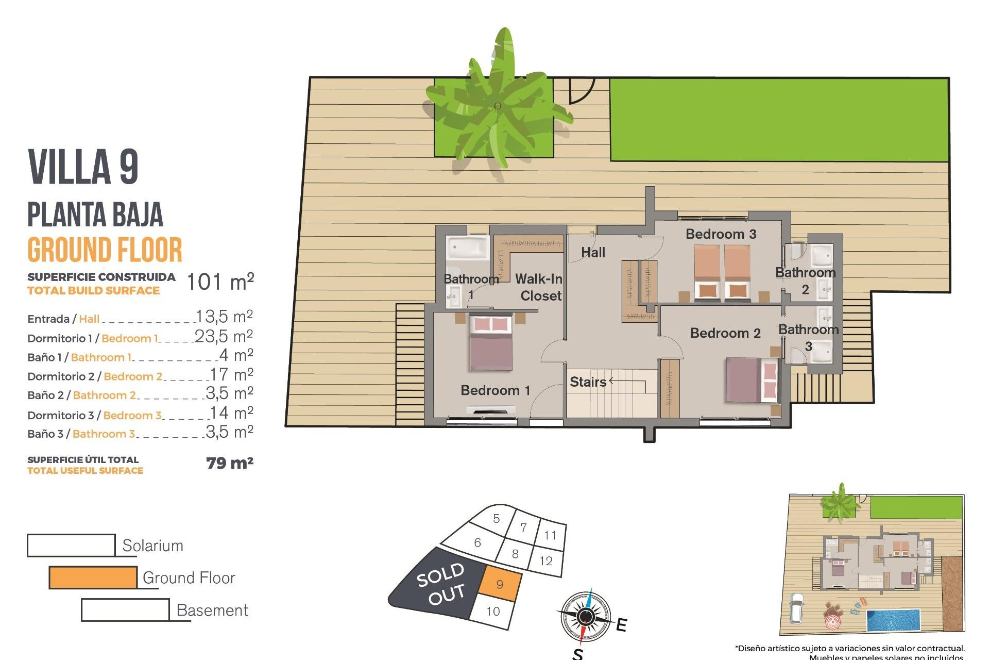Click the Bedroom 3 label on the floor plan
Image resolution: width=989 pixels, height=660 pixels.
721,234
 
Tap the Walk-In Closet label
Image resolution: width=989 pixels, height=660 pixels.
539,287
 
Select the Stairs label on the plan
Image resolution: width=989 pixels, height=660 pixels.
588,382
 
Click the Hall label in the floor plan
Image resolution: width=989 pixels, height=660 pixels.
593,253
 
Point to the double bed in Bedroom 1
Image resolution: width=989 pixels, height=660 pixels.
491,342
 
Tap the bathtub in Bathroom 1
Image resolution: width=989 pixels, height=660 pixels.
467,248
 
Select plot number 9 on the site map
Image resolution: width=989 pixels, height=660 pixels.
500,584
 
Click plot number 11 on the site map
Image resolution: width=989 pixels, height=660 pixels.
550,535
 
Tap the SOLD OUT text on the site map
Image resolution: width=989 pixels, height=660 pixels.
441,584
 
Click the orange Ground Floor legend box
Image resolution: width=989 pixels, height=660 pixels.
93,577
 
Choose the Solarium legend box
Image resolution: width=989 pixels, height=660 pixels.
71,546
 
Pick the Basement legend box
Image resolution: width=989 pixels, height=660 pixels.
125,610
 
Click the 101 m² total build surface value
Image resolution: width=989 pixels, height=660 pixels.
220,282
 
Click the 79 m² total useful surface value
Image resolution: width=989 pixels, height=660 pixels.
230,463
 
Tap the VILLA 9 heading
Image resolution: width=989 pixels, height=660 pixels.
83,167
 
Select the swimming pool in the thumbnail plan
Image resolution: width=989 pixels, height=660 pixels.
893,620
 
